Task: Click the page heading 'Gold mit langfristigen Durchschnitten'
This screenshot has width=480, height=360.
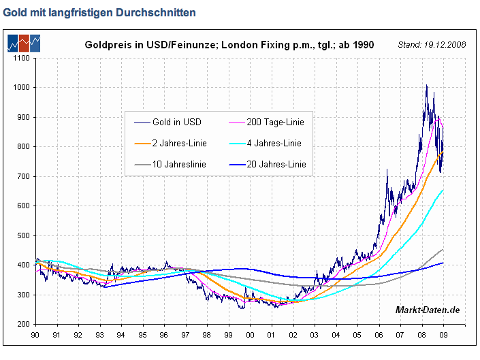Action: pos(99,12)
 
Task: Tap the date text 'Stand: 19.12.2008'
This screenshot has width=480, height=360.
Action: pos(432,45)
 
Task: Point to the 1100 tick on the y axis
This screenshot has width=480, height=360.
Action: pos(21,58)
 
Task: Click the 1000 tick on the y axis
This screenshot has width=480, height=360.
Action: pos(21,88)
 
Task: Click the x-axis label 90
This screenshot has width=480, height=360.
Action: pos(36,335)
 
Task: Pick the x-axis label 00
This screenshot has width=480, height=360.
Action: pos(251,335)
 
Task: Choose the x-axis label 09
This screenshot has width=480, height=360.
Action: pos(443,335)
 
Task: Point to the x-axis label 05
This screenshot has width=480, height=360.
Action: pos(357,335)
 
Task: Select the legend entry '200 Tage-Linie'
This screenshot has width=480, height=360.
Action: pos(274,122)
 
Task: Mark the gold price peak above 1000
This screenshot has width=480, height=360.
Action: pos(426,86)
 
